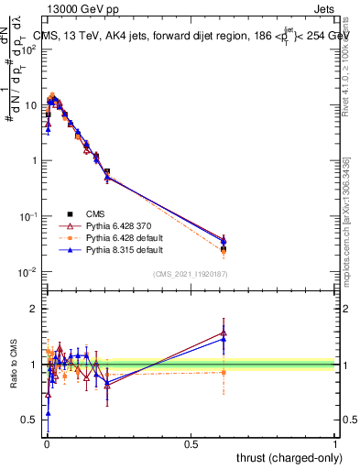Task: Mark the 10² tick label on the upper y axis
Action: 28,49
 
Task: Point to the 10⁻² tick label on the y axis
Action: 28,272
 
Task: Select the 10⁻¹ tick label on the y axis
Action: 28,216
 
